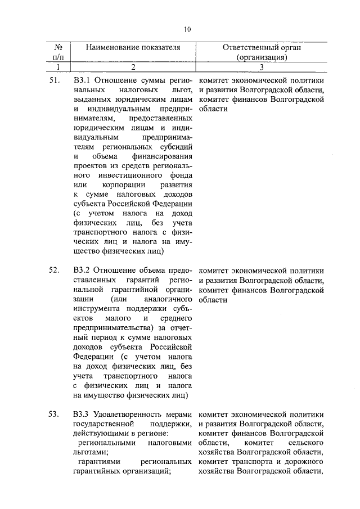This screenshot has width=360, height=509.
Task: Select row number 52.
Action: (x=54, y=270)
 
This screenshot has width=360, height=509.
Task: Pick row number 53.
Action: (x=54, y=415)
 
